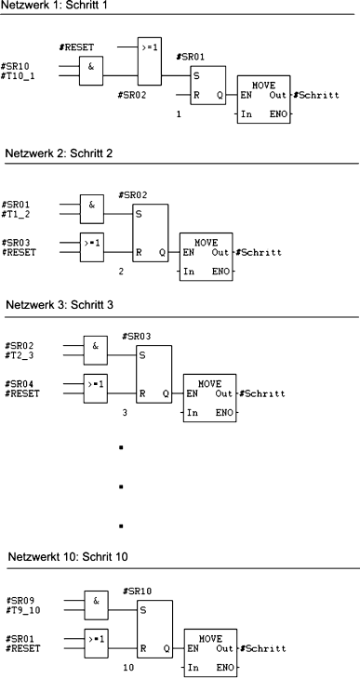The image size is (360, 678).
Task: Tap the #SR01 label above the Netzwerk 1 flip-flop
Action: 202,58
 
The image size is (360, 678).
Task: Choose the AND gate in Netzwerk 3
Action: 96,350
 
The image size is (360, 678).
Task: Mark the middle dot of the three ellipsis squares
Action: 122,486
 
